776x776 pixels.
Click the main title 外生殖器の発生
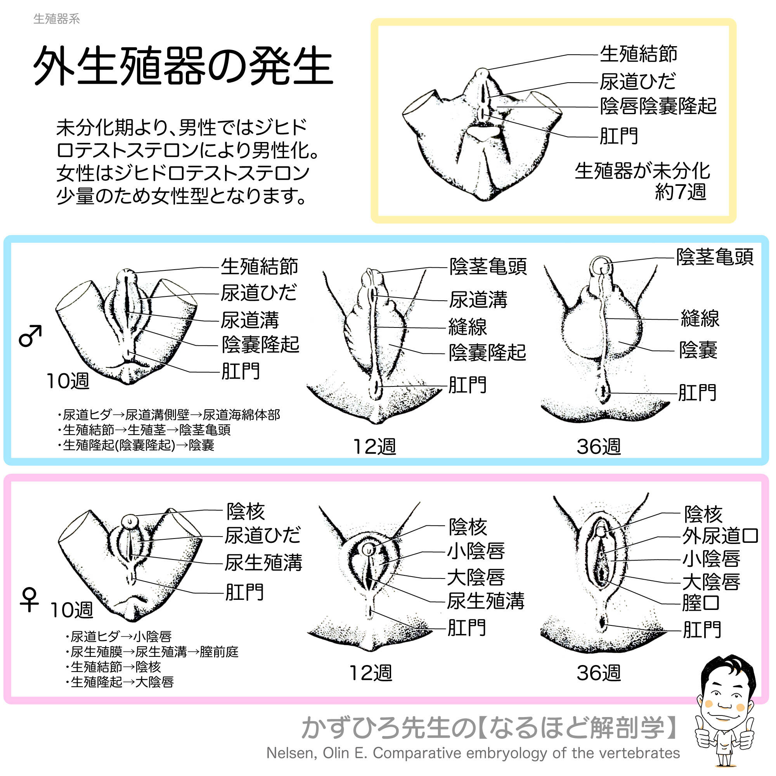click(183, 66)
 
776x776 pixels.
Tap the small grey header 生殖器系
click(57, 19)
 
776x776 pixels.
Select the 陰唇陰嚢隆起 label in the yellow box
click(658, 106)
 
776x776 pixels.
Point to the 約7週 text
click(681, 192)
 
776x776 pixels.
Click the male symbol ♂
click(31, 335)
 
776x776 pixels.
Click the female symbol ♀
click(29, 600)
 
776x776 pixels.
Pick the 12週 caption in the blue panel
click(374, 447)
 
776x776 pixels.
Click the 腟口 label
click(701, 603)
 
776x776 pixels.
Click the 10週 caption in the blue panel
click(68, 380)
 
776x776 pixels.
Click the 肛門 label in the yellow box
click(618, 136)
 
